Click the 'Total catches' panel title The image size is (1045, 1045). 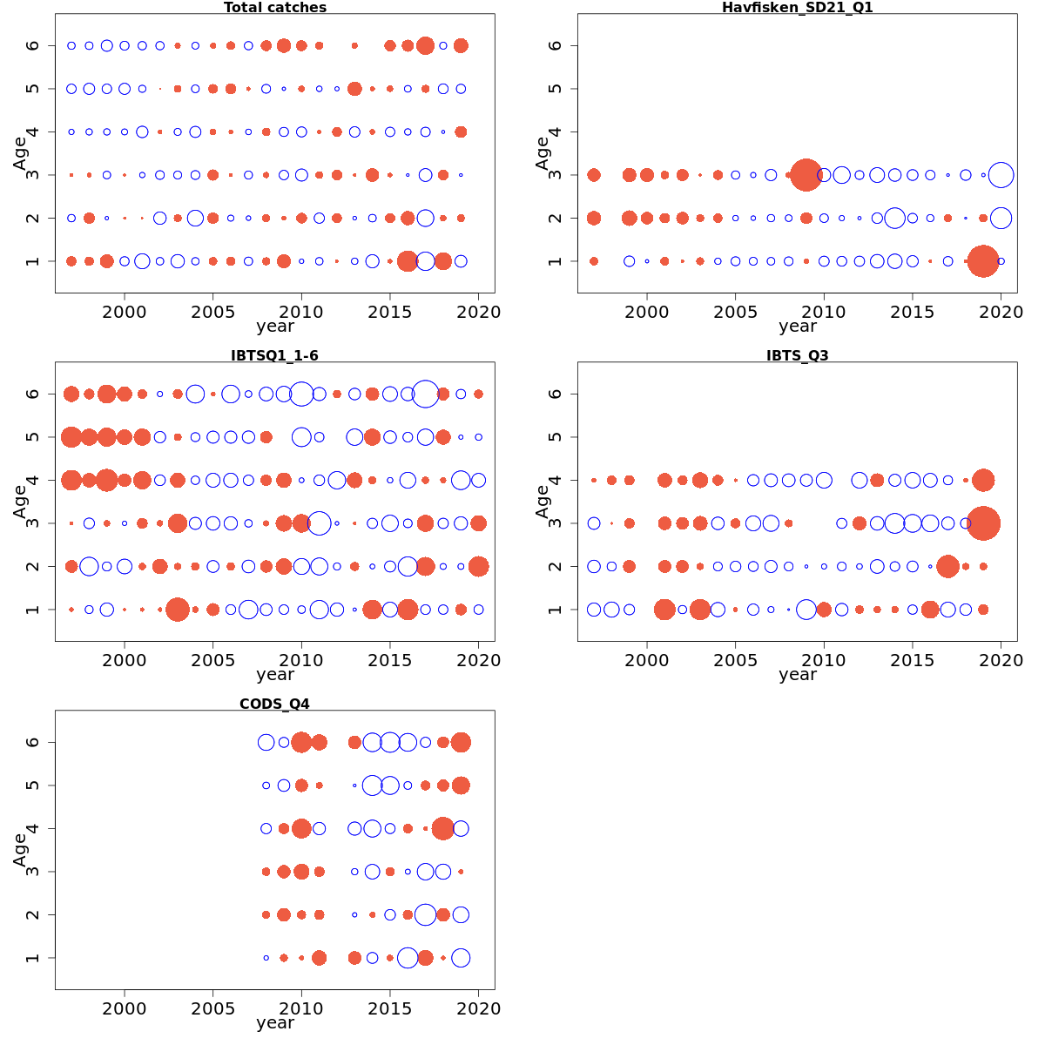pos(275,8)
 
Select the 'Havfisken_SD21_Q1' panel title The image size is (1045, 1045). pos(797,8)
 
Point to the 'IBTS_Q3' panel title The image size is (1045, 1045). pos(797,355)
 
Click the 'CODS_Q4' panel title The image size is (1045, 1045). pos(274,704)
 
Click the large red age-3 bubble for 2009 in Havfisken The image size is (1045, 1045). pos(806,175)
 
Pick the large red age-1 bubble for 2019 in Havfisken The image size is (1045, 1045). pos(983,261)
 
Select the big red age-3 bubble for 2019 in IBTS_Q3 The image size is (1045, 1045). pos(983,523)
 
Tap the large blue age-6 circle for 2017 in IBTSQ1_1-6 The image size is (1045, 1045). pos(425,394)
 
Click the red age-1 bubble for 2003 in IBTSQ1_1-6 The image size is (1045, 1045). pos(178,610)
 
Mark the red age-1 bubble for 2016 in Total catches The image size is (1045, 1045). pos(407,261)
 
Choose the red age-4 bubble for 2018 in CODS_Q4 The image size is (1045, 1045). pos(442,828)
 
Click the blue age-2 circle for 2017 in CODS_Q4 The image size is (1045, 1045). pos(425,914)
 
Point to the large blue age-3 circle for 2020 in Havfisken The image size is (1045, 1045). pos(1001,175)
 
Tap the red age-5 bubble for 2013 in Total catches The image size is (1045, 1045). pos(354,89)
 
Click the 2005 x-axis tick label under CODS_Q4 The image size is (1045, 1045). pos(212,1008)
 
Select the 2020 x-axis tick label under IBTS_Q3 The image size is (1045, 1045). pos(1001,660)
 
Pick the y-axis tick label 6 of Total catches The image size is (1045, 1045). pos(33,45)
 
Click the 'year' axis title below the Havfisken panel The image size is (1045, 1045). pos(798,327)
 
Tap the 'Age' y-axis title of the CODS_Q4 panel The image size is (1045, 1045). pos(20,850)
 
